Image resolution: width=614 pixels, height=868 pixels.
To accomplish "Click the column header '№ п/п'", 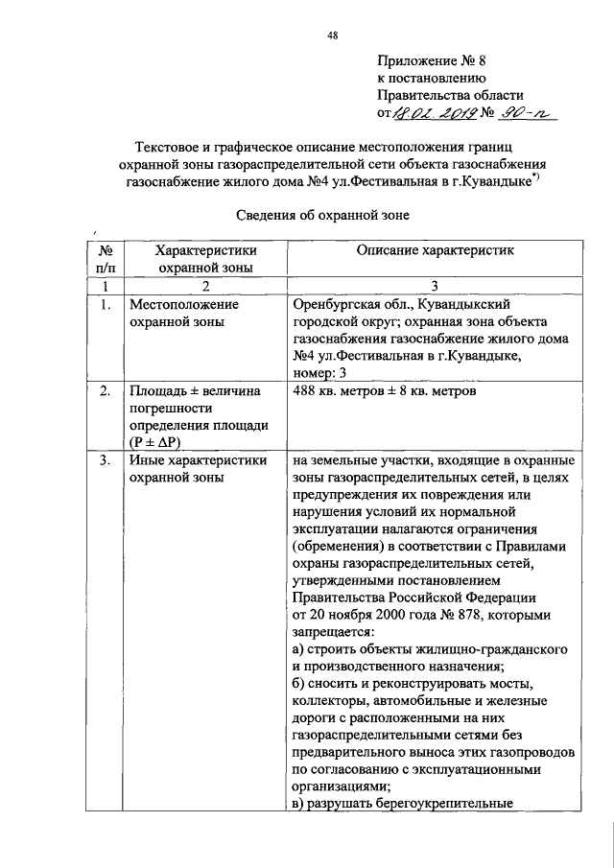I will tap(106, 259).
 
